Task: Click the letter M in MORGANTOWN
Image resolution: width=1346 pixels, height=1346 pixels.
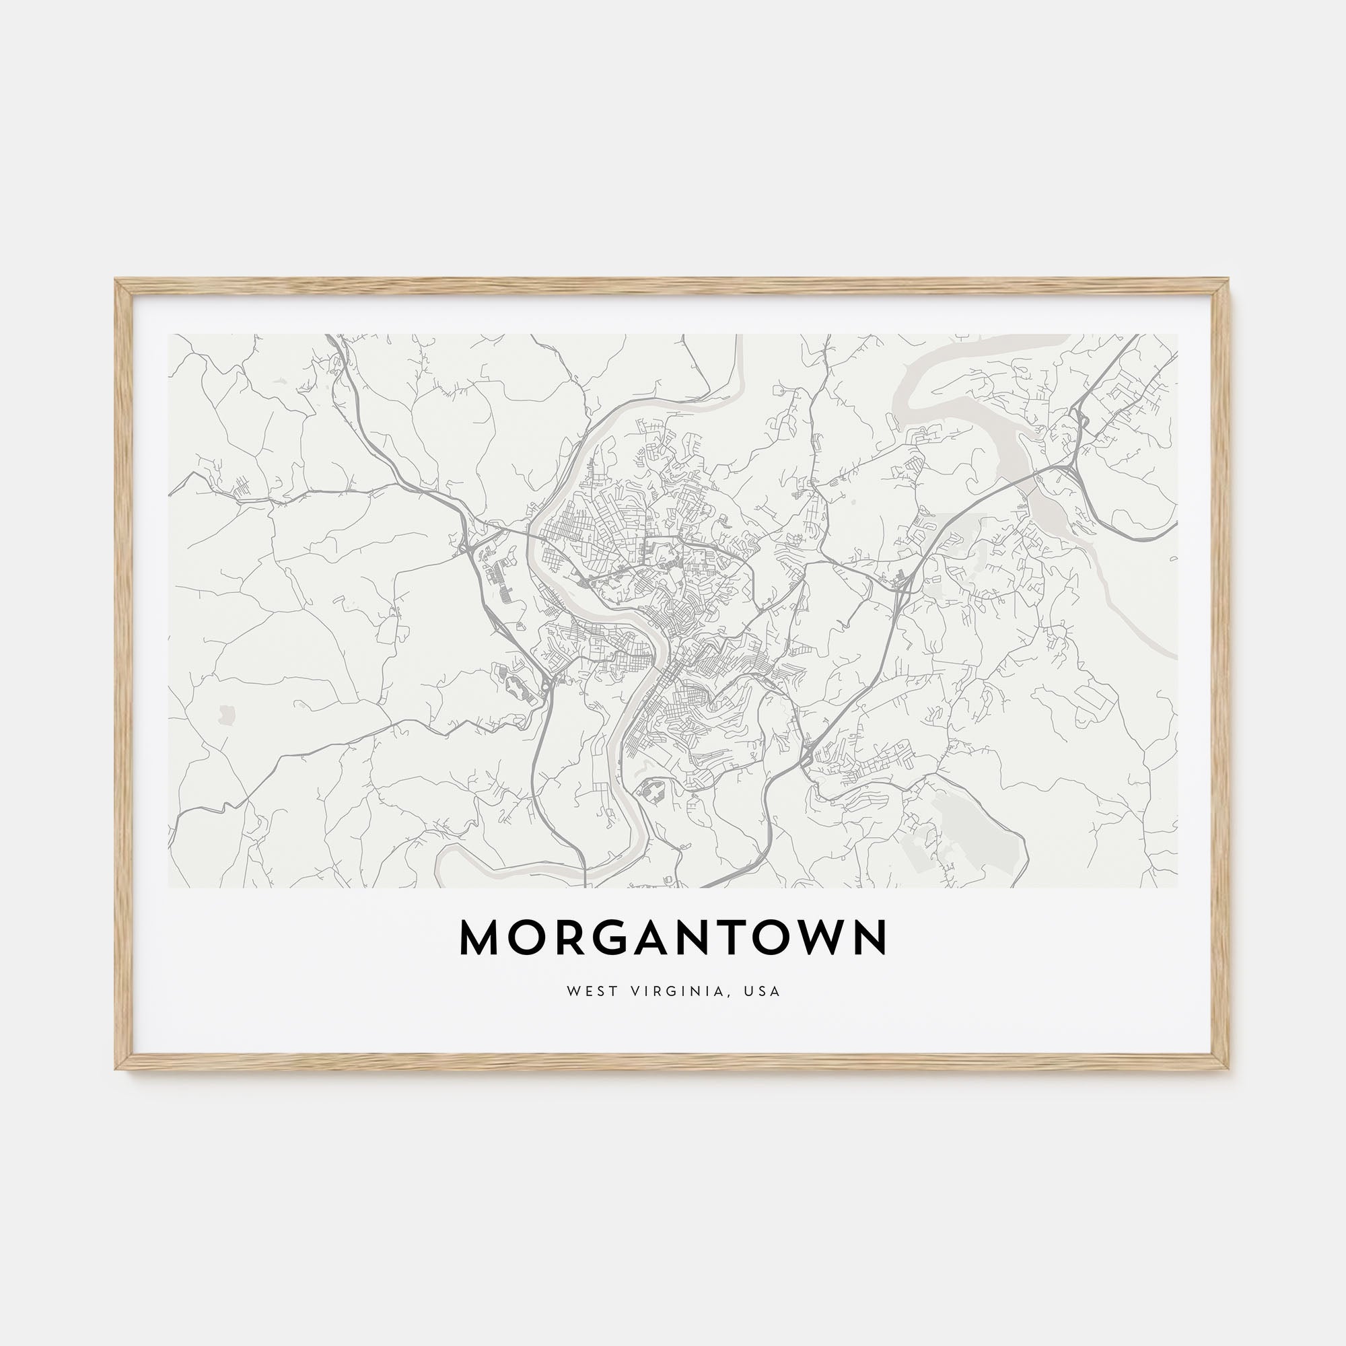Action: coord(481,938)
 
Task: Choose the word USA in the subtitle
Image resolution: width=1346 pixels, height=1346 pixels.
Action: coord(763,991)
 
